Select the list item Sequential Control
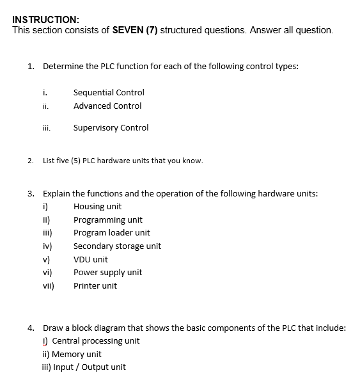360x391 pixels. [x=109, y=93]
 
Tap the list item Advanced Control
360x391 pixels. [x=107, y=106]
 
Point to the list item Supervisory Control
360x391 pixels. [x=111, y=128]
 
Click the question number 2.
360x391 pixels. [x=31, y=161]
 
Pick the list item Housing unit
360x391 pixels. [x=97, y=207]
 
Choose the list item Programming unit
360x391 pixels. [x=107, y=220]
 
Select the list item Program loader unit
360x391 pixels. [x=111, y=233]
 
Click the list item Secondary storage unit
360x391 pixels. [x=117, y=246]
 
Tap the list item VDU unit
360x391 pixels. [x=90, y=260]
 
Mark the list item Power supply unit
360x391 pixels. [x=107, y=273]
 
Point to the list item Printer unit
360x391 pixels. [x=95, y=286]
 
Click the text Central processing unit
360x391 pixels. [x=95, y=341]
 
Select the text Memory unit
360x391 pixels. [x=76, y=355]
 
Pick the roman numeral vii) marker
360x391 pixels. [x=48, y=286]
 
